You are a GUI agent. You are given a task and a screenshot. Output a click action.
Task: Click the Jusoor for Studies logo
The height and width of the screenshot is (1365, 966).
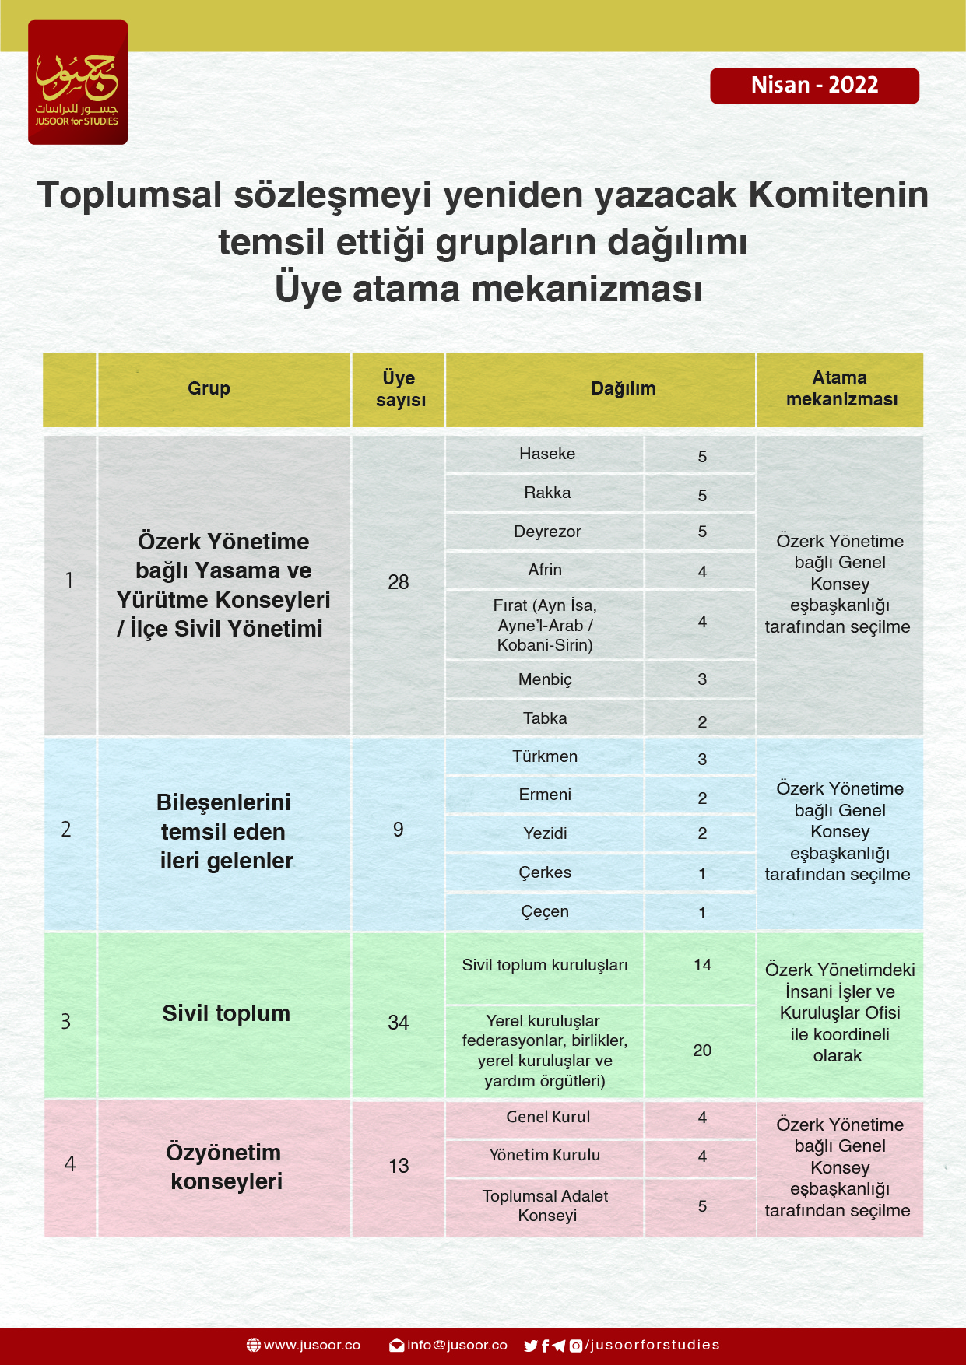(78, 82)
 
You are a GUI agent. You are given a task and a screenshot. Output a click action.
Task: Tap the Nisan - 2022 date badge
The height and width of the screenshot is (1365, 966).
(814, 86)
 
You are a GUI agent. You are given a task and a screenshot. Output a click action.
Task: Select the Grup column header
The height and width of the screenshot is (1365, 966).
(209, 389)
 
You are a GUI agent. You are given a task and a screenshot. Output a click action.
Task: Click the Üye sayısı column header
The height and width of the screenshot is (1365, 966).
(399, 389)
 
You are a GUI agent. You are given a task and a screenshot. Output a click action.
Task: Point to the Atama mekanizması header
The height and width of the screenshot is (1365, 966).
(841, 389)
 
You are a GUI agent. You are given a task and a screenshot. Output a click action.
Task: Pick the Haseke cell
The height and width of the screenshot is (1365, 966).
(546, 454)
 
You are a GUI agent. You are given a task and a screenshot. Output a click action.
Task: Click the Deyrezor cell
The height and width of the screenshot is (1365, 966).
(546, 532)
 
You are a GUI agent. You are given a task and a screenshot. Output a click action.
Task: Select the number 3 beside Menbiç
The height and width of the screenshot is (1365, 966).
(701, 679)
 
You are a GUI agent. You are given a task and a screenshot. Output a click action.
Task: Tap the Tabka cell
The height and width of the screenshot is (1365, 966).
(545, 718)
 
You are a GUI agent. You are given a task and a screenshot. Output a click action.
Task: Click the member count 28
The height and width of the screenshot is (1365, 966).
(399, 582)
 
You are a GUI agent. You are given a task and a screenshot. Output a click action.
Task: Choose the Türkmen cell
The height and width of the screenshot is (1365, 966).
(545, 756)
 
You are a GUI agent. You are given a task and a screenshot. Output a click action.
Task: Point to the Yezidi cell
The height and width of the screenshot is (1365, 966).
(545, 833)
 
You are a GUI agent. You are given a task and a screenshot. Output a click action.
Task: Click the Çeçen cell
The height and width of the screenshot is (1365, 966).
(545, 911)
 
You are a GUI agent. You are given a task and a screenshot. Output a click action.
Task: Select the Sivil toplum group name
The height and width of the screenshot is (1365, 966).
(226, 1013)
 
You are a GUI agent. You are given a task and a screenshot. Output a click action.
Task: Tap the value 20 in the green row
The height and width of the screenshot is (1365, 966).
(701, 1051)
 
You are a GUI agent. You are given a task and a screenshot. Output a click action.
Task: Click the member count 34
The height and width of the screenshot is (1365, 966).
(399, 1023)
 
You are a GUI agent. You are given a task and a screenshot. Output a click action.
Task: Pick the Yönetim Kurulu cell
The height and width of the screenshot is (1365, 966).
(545, 1156)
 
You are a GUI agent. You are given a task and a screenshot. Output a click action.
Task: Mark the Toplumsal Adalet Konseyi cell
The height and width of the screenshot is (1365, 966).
(546, 1205)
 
